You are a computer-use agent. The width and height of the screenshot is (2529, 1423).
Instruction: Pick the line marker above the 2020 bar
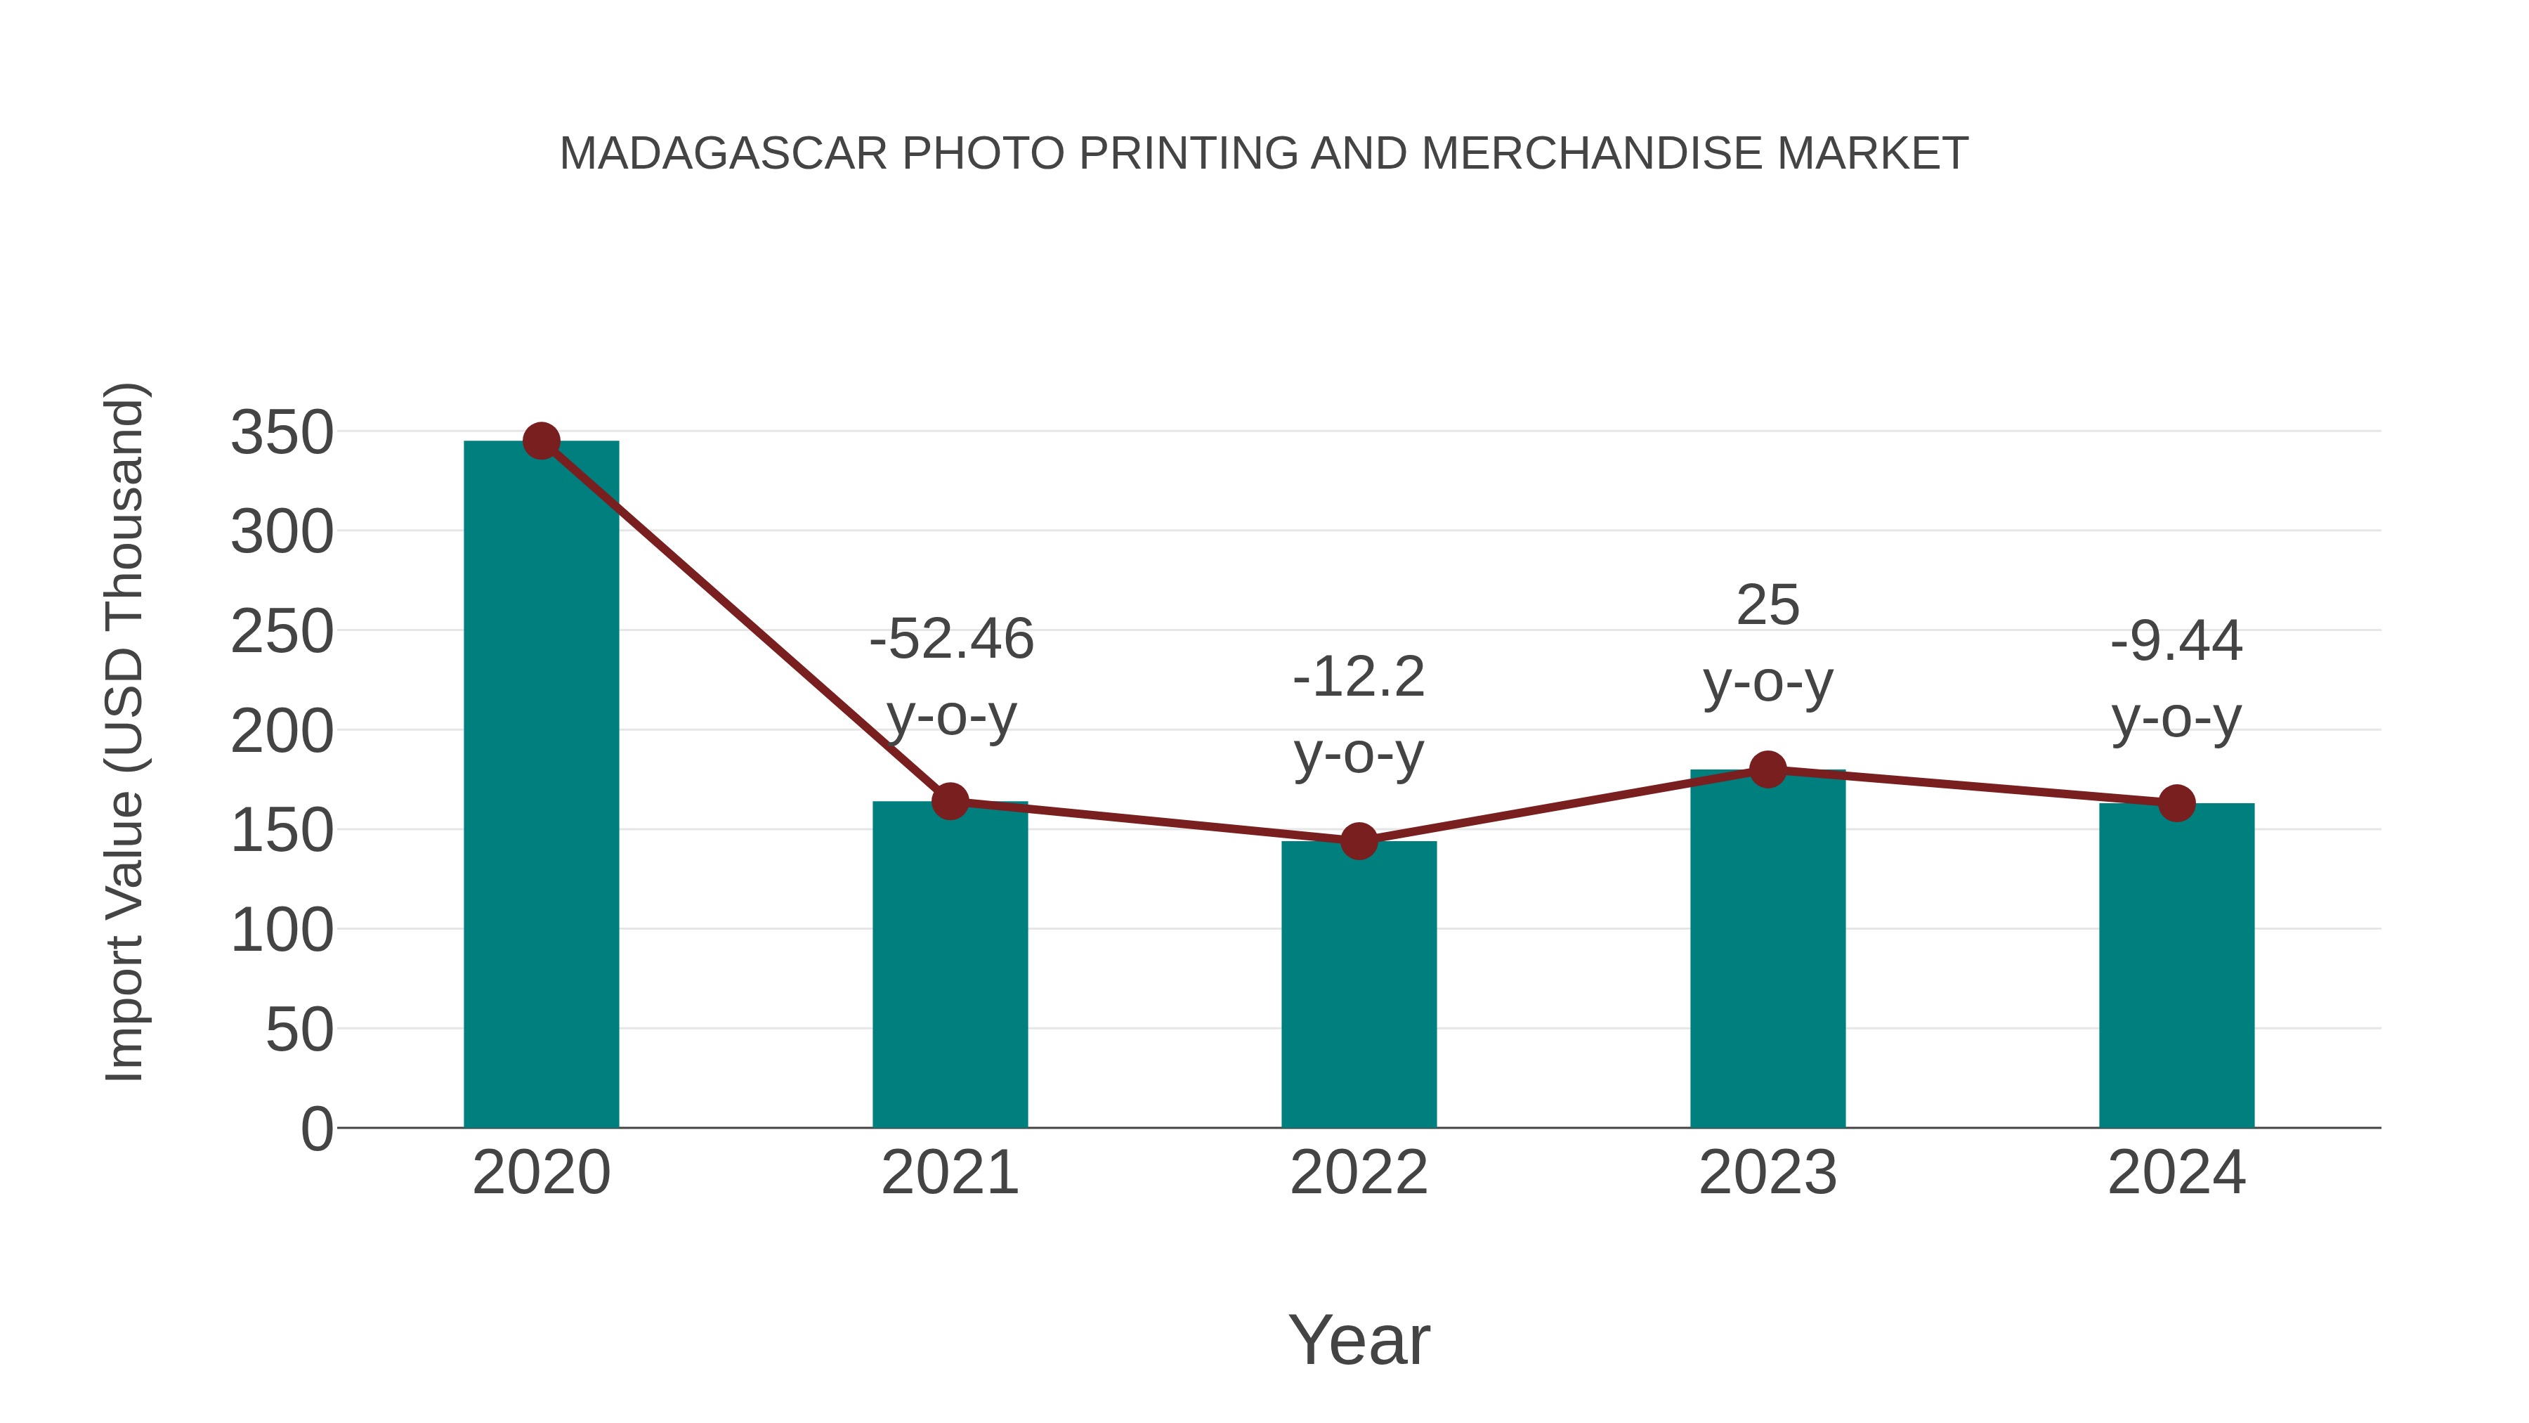[541, 441]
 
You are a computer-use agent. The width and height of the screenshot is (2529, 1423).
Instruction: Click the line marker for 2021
[950, 801]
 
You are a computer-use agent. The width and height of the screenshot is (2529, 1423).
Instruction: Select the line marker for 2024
[2176, 803]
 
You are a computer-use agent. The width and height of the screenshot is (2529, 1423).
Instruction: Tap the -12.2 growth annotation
[1359, 677]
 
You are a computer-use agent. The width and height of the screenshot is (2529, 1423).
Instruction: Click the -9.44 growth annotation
[2176, 642]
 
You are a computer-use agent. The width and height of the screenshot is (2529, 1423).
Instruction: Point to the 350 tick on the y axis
[282, 433]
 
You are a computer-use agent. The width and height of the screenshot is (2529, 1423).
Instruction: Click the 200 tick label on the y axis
[282, 732]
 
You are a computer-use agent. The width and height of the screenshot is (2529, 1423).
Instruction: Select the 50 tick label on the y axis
[299, 1030]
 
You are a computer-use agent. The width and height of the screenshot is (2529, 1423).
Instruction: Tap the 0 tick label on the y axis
[316, 1129]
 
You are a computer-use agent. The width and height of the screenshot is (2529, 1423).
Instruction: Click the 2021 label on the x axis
[950, 1173]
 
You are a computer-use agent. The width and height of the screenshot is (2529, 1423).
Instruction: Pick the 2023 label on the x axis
[1767, 1173]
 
